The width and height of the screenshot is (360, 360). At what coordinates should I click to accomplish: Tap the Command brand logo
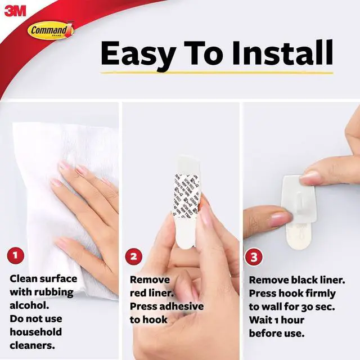coord(51,30)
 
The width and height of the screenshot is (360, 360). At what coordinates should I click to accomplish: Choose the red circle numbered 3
coord(254,258)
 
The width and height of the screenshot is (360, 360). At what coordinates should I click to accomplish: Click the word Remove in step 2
coord(150,280)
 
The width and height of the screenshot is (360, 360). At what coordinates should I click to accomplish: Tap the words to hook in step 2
coord(149,319)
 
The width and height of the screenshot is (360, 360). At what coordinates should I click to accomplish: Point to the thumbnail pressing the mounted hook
coord(310,178)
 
